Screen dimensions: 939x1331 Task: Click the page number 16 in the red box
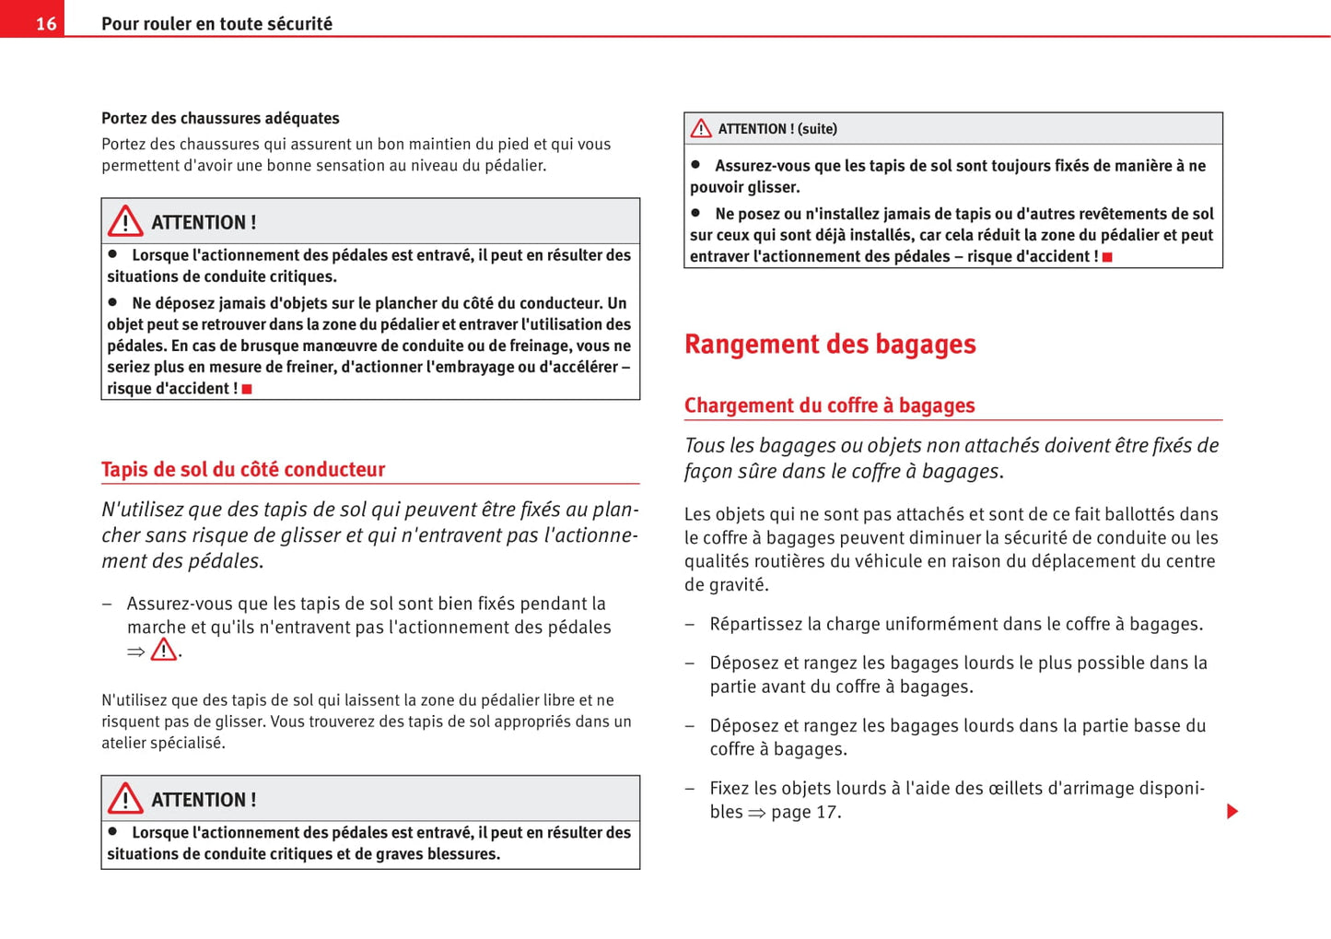coord(45,23)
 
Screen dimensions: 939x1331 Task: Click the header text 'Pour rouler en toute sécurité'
coord(216,24)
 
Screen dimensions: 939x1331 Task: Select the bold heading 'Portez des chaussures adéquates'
coord(220,118)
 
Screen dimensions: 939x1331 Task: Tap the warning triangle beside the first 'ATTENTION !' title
coord(125,221)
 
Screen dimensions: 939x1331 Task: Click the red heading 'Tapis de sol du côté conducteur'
coord(243,469)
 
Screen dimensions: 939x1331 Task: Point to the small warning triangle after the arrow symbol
coord(164,651)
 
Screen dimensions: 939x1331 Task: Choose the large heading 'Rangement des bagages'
coord(830,344)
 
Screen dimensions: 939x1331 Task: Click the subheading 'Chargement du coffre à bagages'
coord(829,405)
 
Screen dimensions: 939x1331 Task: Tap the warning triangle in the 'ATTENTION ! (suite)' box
coord(701,129)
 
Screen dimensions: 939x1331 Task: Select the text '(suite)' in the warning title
coord(817,129)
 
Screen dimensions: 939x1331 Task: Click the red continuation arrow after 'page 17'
coord(1232,812)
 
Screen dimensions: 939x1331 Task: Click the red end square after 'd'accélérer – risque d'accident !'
coord(247,389)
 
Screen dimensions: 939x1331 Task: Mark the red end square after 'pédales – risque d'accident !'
coord(1107,257)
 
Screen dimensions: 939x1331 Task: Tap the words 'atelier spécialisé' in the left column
coord(163,743)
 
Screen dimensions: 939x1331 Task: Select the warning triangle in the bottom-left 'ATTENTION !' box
coord(125,798)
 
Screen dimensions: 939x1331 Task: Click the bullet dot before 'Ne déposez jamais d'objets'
coord(113,301)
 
